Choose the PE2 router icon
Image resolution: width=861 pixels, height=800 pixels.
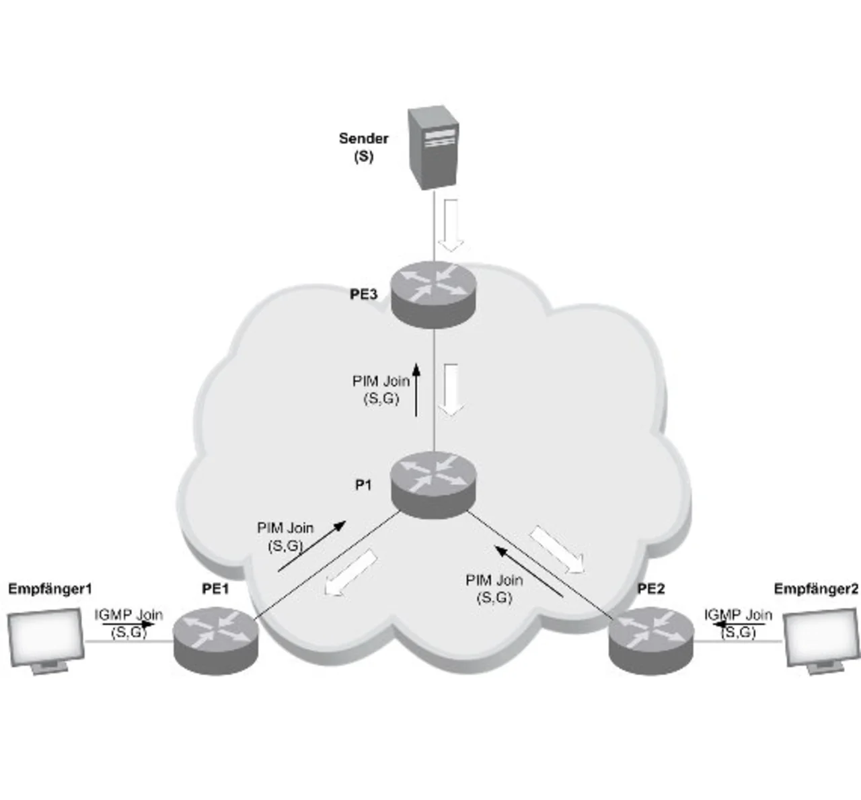(650, 639)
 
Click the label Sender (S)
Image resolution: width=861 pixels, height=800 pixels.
(363, 147)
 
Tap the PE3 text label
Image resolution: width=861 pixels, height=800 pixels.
(363, 294)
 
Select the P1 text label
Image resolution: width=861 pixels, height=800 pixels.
(363, 485)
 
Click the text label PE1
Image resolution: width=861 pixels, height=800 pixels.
(216, 589)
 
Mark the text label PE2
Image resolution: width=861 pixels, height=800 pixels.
(650, 589)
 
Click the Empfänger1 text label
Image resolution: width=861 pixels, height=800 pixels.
(50, 590)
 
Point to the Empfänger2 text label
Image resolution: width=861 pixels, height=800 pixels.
(816, 590)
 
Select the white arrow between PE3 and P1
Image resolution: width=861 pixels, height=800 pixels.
(451, 390)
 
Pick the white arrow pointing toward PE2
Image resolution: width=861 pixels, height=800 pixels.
(557, 550)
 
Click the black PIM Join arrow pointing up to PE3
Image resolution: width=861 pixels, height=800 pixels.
(416, 390)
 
